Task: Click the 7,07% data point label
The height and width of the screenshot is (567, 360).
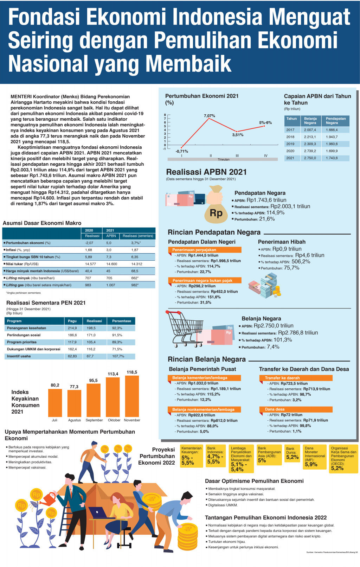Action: pyautogui.click(x=209, y=116)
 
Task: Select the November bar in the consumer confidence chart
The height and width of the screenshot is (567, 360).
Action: pyautogui.click(x=132, y=396)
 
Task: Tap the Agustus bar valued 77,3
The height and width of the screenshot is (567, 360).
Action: pyautogui.click(x=74, y=403)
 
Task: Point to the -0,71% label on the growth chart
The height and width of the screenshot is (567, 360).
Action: pyautogui.click(x=182, y=151)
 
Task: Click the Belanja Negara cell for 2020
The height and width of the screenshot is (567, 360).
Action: pyautogui.click(x=310, y=151)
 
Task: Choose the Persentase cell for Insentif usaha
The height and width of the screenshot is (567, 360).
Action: pyautogui.click(x=118, y=356)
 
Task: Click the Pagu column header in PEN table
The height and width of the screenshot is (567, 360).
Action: pyautogui.click(x=72, y=321)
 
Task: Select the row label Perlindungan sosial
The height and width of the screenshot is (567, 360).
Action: pyautogui.click(x=24, y=335)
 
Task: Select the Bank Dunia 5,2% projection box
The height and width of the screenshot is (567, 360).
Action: pyautogui.click(x=292, y=454)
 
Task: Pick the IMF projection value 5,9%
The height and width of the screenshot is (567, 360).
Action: pyautogui.click(x=311, y=464)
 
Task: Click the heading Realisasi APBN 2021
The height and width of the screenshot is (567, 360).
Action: pyautogui.click(x=206, y=172)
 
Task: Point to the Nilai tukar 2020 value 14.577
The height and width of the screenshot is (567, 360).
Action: pyautogui.click(x=90, y=264)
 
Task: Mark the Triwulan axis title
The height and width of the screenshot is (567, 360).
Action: pyautogui.click(x=224, y=159)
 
